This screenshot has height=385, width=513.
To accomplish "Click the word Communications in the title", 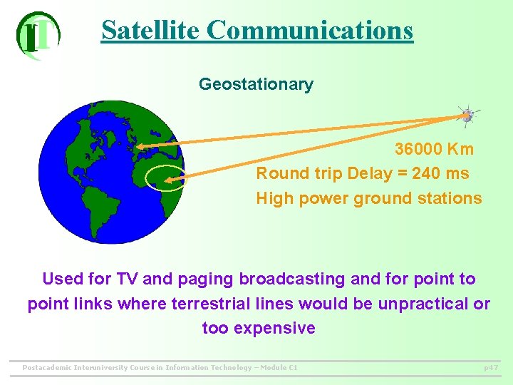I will (x=310, y=31).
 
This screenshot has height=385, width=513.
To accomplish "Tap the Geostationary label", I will (x=256, y=84).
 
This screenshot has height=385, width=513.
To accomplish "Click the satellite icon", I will (x=467, y=116).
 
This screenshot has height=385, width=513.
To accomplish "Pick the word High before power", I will (x=273, y=198).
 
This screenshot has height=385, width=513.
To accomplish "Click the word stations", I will (x=451, y=198).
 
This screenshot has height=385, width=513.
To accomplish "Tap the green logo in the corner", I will (x=38, y=35).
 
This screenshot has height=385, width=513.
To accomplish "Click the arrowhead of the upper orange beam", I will (x=140, y=147).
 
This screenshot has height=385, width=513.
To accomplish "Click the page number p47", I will (x=490, y=368).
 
